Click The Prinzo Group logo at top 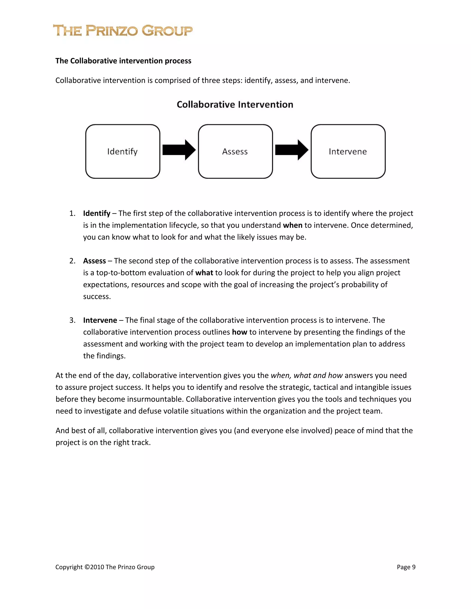[123, 31]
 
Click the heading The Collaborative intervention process [123, 61]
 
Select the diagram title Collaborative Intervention [235, 105]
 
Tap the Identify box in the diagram [123, 151]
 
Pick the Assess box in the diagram [235, 151]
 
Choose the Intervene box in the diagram [348, 151]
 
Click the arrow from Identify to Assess [179, 150]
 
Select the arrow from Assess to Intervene [292, 150]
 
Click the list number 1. [72, 213]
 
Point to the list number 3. [72, 320]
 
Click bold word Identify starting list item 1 [97, 213]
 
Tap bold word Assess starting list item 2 [94, 261]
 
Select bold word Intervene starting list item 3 [100, 320]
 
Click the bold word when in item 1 [293, 225]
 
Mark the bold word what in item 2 [204, 273]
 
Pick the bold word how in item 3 [239, 332]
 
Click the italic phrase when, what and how [306, 376]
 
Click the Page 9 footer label [406, 567]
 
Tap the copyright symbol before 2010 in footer [87, 567]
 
